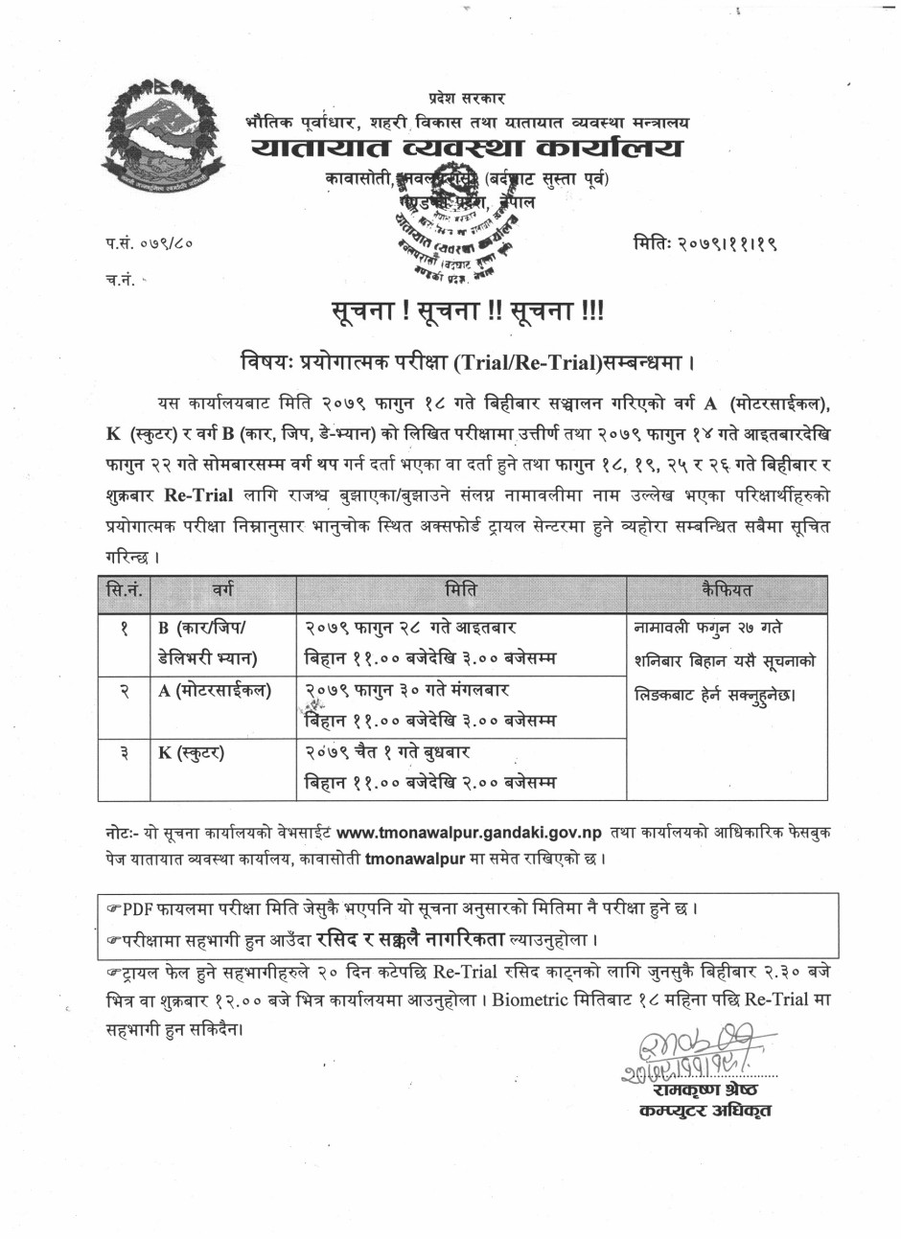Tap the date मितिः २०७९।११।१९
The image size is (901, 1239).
705,245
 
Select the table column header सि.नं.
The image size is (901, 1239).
126,590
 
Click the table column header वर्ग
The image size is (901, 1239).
223,590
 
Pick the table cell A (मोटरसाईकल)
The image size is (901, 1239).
215,690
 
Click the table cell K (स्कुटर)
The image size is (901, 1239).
192,752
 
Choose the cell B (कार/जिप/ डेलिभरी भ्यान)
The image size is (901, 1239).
213,642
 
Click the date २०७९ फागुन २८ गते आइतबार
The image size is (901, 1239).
411,628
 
